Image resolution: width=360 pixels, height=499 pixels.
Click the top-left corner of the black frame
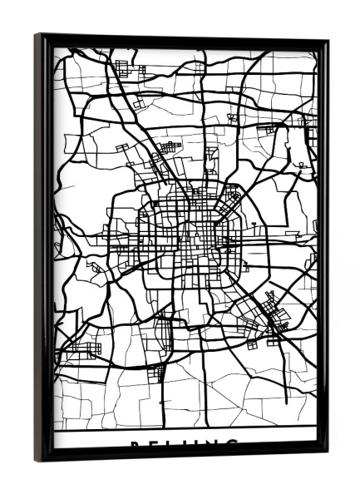[x=37, y=35]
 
